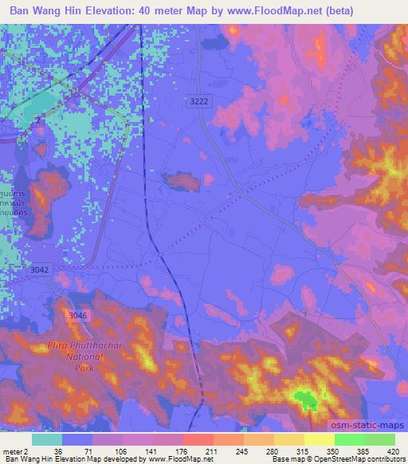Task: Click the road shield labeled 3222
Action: point(201,100)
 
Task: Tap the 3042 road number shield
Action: point(39,270)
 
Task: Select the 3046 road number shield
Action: point(77,316)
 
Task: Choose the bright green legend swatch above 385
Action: point(349,439)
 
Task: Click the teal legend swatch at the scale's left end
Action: point(47,439)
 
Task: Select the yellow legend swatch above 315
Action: point(288,439)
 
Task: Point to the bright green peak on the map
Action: point(303,397)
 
